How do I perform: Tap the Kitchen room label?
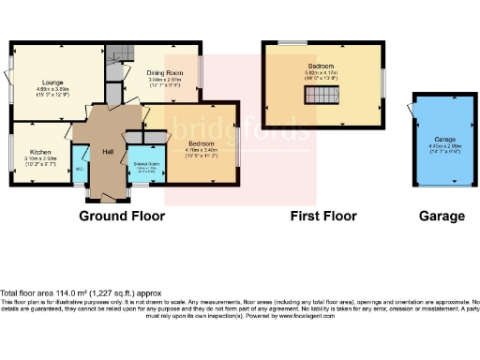pos(38,151)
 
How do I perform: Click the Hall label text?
pos(107,151)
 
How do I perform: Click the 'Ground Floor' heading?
pos(122,217)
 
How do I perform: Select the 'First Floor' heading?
pos(323,217)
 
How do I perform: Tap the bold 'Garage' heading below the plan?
pos(442,217)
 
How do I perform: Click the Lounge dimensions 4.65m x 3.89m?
pos(52,90)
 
